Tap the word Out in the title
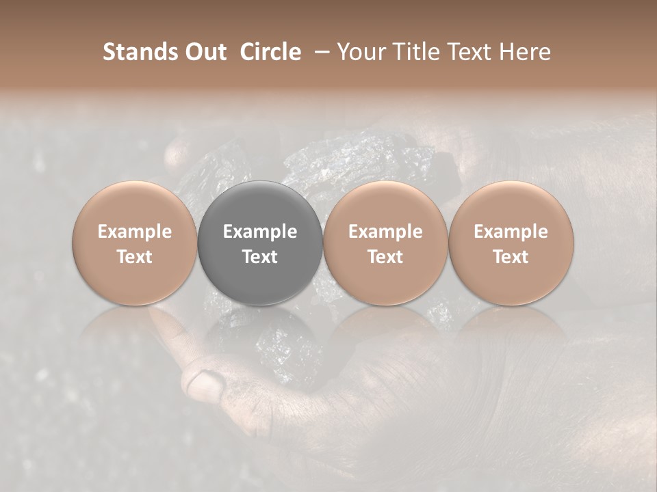(205, 52)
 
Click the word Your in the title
(361, 52)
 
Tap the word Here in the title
(526, 52)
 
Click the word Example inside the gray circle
(260, 232)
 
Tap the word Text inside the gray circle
(260, 257)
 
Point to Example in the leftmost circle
(135, 232)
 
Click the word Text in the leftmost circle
(135, 257)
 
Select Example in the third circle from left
(385, 232)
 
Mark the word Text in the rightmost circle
(511, 257)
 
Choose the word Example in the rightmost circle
(511, 232)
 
